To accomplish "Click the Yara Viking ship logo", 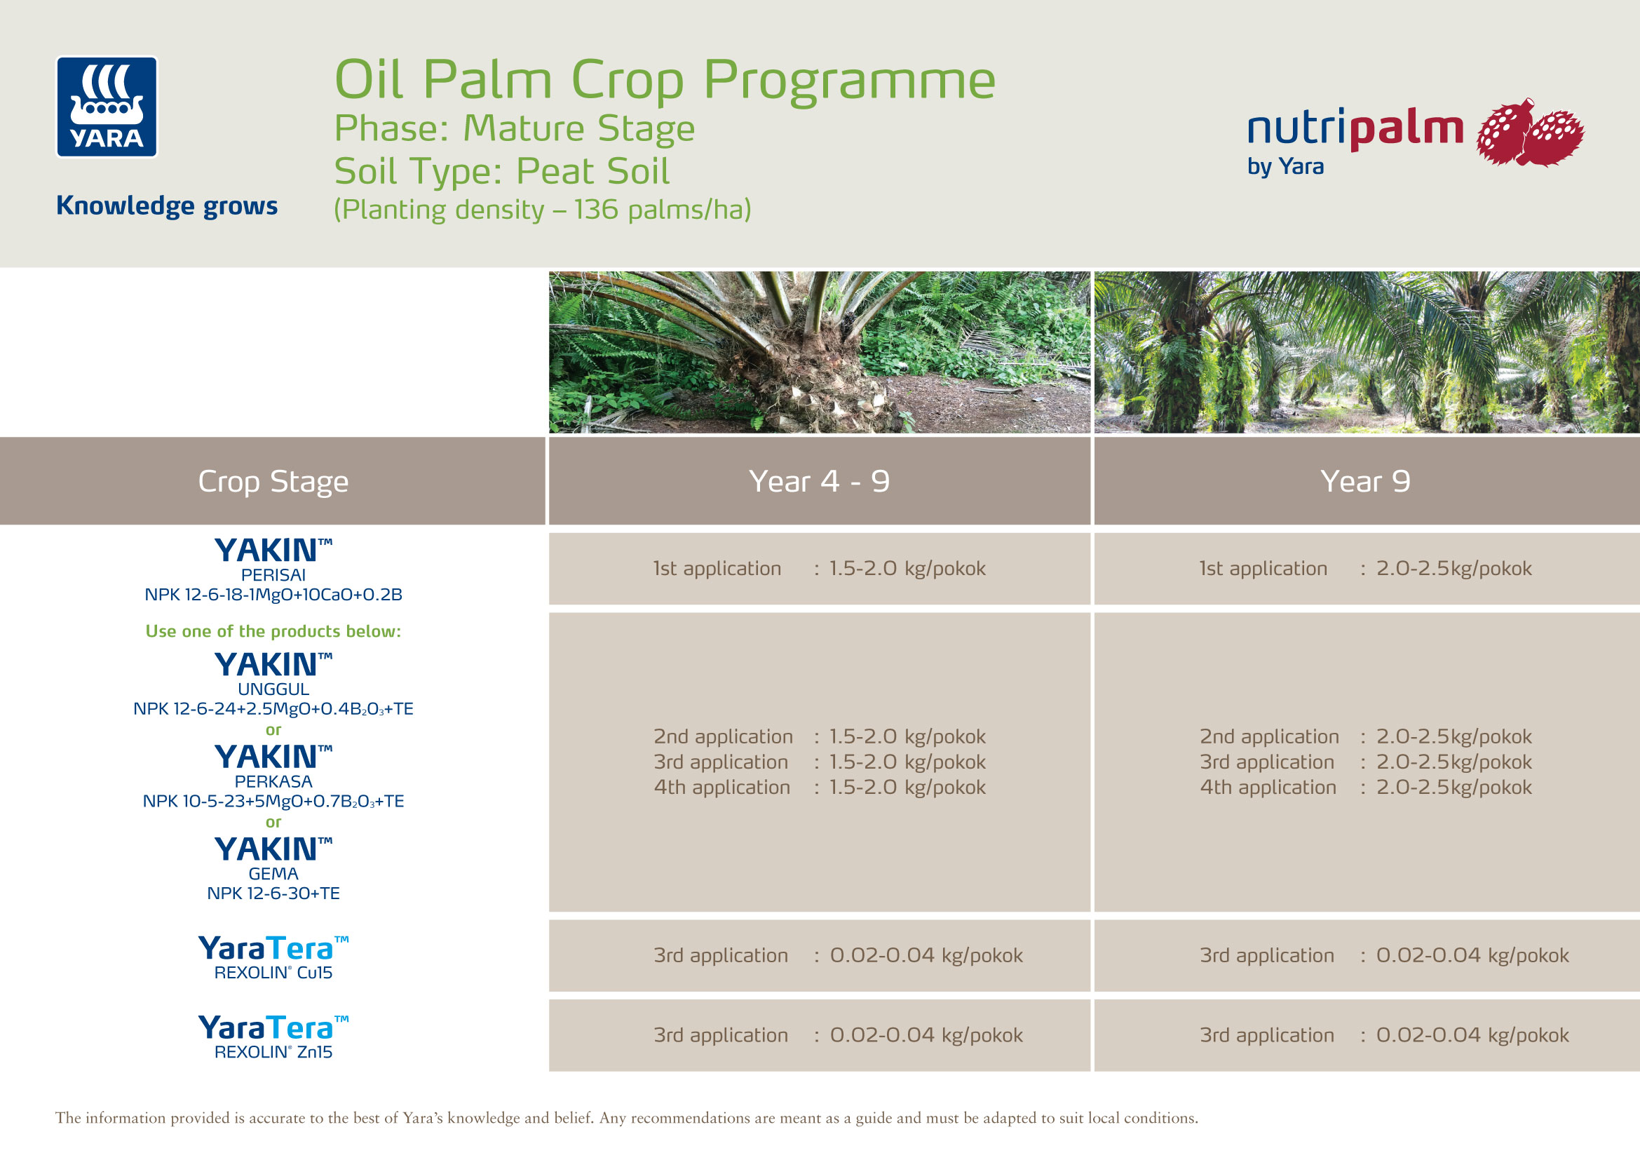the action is tap(107, 107).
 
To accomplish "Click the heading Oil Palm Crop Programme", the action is tap(664, 80).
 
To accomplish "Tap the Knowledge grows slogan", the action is tap(167, 205).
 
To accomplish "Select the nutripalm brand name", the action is tap(1355, 129).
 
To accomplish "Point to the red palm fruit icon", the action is tap(1530, 133).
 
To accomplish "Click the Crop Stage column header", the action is tap(273, 481).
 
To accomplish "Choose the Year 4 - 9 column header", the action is tap(819, 481).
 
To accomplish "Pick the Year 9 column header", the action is tap(1365, 481).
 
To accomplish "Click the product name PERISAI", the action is tap(273, 575).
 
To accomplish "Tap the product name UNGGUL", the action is tap(273, 689).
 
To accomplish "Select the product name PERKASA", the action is tap(273, 781).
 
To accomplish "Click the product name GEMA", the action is tap(273, 874).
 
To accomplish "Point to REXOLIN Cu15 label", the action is tap(273, 972).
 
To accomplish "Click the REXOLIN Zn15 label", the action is tap(273, 1051).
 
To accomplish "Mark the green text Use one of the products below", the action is tap(273, 631).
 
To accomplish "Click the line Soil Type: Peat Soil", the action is tap(501, 171).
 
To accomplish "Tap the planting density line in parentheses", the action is tap(542, 210).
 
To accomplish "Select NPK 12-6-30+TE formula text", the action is tap(273, 893).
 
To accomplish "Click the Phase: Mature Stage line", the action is tap(514, 128).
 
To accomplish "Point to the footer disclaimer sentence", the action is tap(626, 1118).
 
